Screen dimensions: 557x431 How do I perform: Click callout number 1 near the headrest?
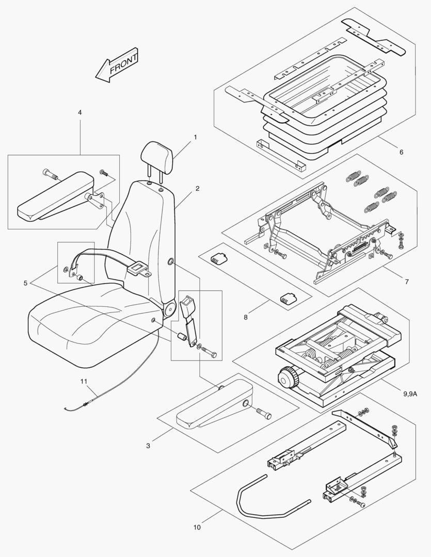coord(196,138)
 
